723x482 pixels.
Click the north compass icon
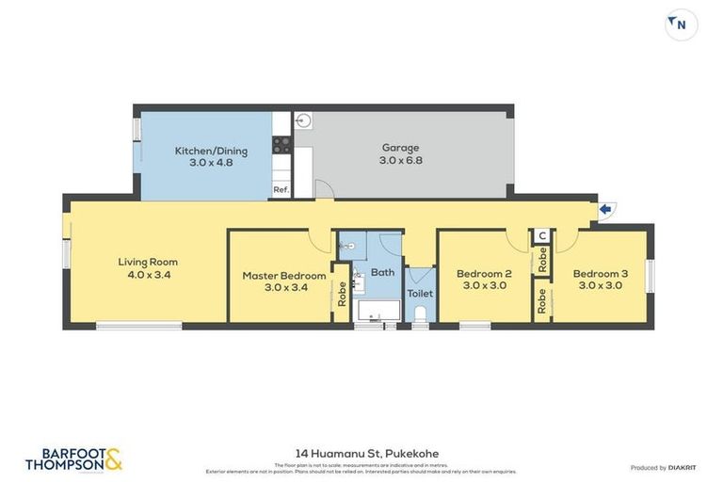coord(682,24)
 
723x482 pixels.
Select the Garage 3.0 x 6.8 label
coord(400,153)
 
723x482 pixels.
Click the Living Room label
coord(148,268)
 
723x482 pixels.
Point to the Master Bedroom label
coord(284,281)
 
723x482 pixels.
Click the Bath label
coord(382,273)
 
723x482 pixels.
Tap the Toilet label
coord(420,294)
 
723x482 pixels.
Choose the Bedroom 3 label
coord(600,280)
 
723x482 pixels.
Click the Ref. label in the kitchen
coord(281,190)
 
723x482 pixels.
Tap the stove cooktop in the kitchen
coord(281,145)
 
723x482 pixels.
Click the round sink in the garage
coord(303,120)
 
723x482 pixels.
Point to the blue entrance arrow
coord(605,209)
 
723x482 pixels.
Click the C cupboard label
coord(542,236)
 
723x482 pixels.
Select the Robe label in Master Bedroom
coord(342,295)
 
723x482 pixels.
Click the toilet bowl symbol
coord(420,313)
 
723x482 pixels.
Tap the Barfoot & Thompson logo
coord(73,460)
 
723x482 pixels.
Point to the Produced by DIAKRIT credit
coord(664,468)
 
